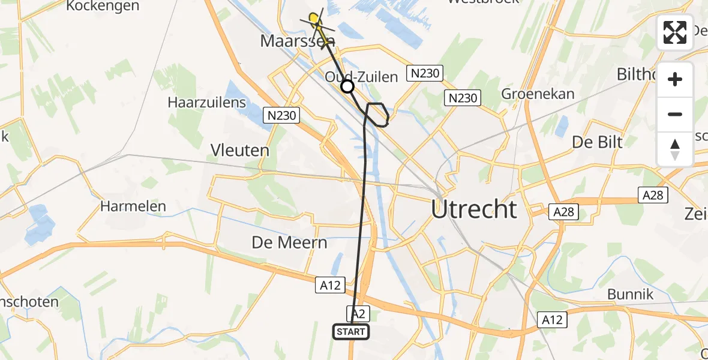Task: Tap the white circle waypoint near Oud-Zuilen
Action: [x=347, y=87]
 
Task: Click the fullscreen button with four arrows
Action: [x=675, y=32]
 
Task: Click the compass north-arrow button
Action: [x=675, y=149]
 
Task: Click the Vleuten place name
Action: [x=239, y=149]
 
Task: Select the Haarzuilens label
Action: [x=207, y=102]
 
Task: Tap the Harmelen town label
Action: [x=133, y=206]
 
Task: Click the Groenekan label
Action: [x=538, y=94]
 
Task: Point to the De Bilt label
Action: [x=597, y=142]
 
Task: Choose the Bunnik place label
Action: [x=630, y=294]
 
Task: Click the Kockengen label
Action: [x=103, y=6]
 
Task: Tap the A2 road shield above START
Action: [x=358, y=313]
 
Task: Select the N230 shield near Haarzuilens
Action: [x=282, y=115]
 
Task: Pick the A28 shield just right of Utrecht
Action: [x=563, y=211]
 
